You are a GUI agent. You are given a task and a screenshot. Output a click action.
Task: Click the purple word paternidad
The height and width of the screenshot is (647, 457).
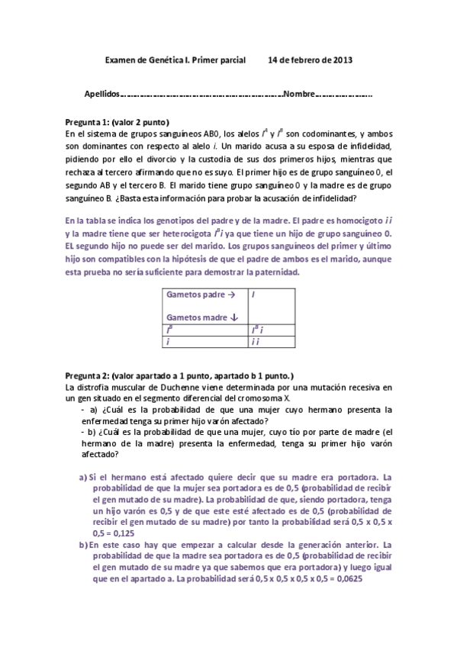point(275,272)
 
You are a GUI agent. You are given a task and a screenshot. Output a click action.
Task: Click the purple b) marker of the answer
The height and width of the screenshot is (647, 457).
point(83,546)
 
